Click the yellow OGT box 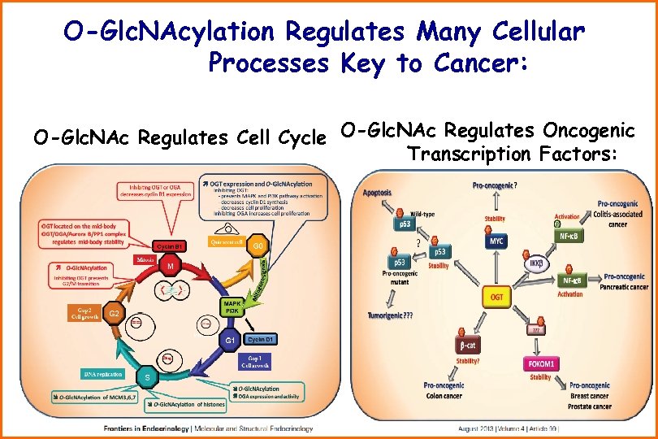coord(497,298)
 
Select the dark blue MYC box coord(497,241)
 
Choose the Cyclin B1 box coord(171,246)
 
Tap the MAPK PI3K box coord(232,306)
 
